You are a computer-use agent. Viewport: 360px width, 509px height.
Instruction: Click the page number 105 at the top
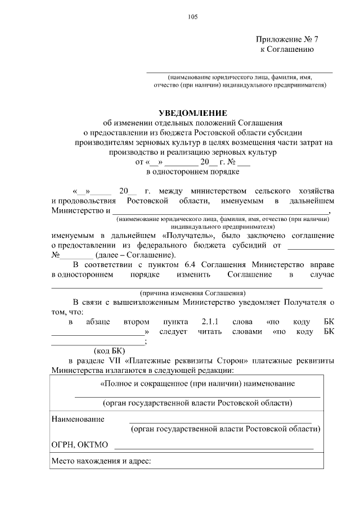[x=192, y=17]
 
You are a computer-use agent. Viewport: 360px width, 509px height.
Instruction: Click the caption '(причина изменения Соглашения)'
[x=192, y=293]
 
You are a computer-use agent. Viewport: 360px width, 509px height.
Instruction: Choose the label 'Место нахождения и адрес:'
[x=101, y=462]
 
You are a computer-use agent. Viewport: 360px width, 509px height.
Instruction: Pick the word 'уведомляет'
[x=267, y=302]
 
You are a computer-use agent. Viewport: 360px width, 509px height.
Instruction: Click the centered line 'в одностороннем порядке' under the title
[x=192, y=172]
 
